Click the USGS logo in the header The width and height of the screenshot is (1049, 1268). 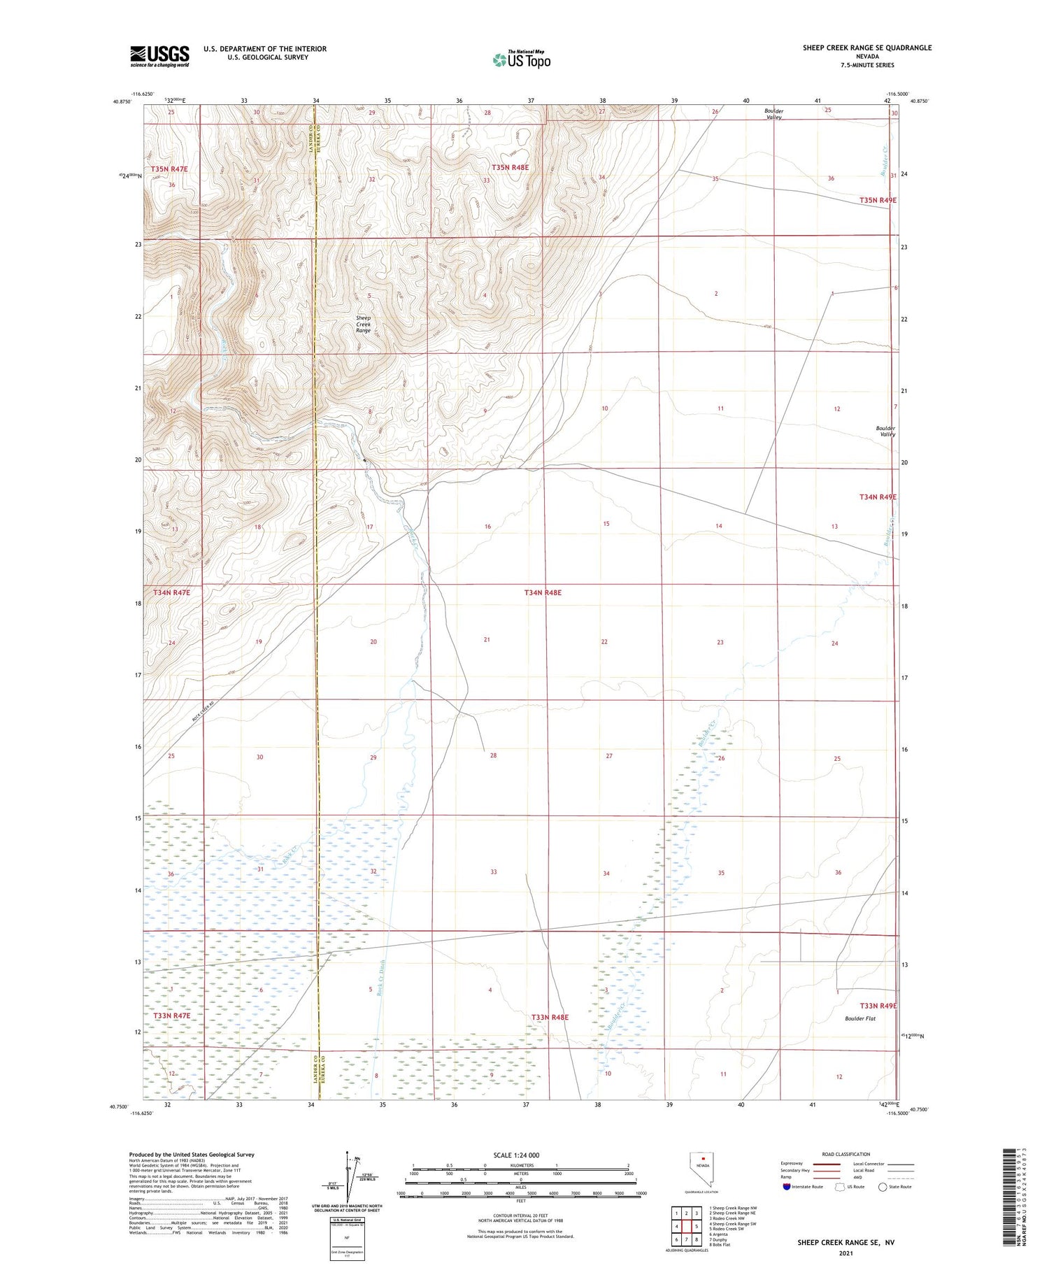(159, 56)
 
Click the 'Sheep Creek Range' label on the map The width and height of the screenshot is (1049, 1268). (364, 324)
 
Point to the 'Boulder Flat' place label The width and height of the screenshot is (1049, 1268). (860, 1018)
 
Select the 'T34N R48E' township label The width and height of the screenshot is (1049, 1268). (543, 592)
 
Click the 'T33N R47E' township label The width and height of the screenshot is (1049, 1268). (171, 1015)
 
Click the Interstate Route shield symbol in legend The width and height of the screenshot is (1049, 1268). (787, 1187)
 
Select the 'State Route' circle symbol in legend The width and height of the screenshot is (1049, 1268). (883, 1187)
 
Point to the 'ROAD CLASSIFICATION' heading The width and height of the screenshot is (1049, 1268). (846, 1154)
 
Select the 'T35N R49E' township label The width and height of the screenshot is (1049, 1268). (878, 201)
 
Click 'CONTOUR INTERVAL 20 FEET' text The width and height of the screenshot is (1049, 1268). (520, 1216)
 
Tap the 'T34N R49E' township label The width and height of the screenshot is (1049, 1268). (878, 497)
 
